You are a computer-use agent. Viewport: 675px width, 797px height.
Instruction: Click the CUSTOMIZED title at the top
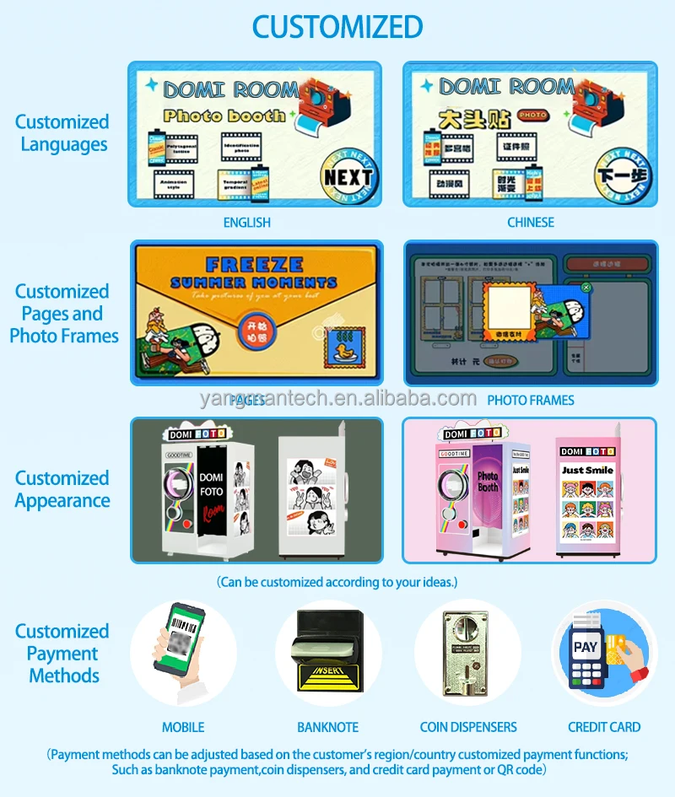(x=337, y=26)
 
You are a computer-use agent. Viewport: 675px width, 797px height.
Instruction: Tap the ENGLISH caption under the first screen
(x=246, y=223)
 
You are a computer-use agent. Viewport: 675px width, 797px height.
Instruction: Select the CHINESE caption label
(x=531, y=223)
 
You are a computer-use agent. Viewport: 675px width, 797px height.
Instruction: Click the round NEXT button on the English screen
(x=348, y=177)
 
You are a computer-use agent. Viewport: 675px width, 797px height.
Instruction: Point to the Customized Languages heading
(x=62, y=133)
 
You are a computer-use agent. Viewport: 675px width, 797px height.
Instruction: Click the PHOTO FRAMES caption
(x=531, y=400)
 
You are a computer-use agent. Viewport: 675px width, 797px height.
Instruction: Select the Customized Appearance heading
(x=62, y=489)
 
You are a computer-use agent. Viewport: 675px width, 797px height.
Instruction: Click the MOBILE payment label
(x=183, y=727)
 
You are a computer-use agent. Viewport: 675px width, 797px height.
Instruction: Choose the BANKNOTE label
(x=327, y=727)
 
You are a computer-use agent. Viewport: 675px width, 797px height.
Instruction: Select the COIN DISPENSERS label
(x=468, y=727)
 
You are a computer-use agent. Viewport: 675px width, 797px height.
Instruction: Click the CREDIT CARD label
(x=604, y=727)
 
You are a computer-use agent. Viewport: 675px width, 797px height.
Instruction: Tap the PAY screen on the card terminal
(x=586, y=648)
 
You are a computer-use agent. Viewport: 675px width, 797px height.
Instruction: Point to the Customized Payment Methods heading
(x=62, y=654)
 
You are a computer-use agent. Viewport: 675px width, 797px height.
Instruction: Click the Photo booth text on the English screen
(x=224, y=116)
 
